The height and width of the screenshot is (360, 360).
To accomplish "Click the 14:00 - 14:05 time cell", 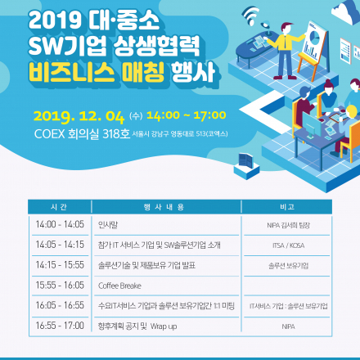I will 60,223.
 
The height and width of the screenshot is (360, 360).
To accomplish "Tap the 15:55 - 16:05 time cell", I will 60,285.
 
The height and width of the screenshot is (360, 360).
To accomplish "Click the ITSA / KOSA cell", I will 287,244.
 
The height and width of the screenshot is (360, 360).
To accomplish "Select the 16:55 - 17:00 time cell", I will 60,326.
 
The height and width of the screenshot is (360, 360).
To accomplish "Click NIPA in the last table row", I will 287,326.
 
